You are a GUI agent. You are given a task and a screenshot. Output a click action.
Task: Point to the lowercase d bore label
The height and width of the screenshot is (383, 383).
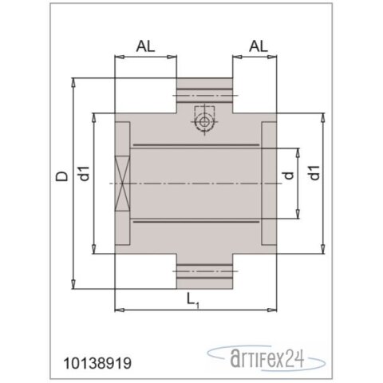pos(289,171)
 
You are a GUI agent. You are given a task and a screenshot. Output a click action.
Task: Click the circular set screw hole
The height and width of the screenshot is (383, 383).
pos(204,122)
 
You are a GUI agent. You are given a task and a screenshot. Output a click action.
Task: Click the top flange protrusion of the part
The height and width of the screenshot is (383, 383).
pos(204,95)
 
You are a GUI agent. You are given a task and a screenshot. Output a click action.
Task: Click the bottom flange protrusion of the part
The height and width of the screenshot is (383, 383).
pos(204,272)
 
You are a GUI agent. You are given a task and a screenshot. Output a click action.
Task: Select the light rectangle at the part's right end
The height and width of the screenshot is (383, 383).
pos(268,184)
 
